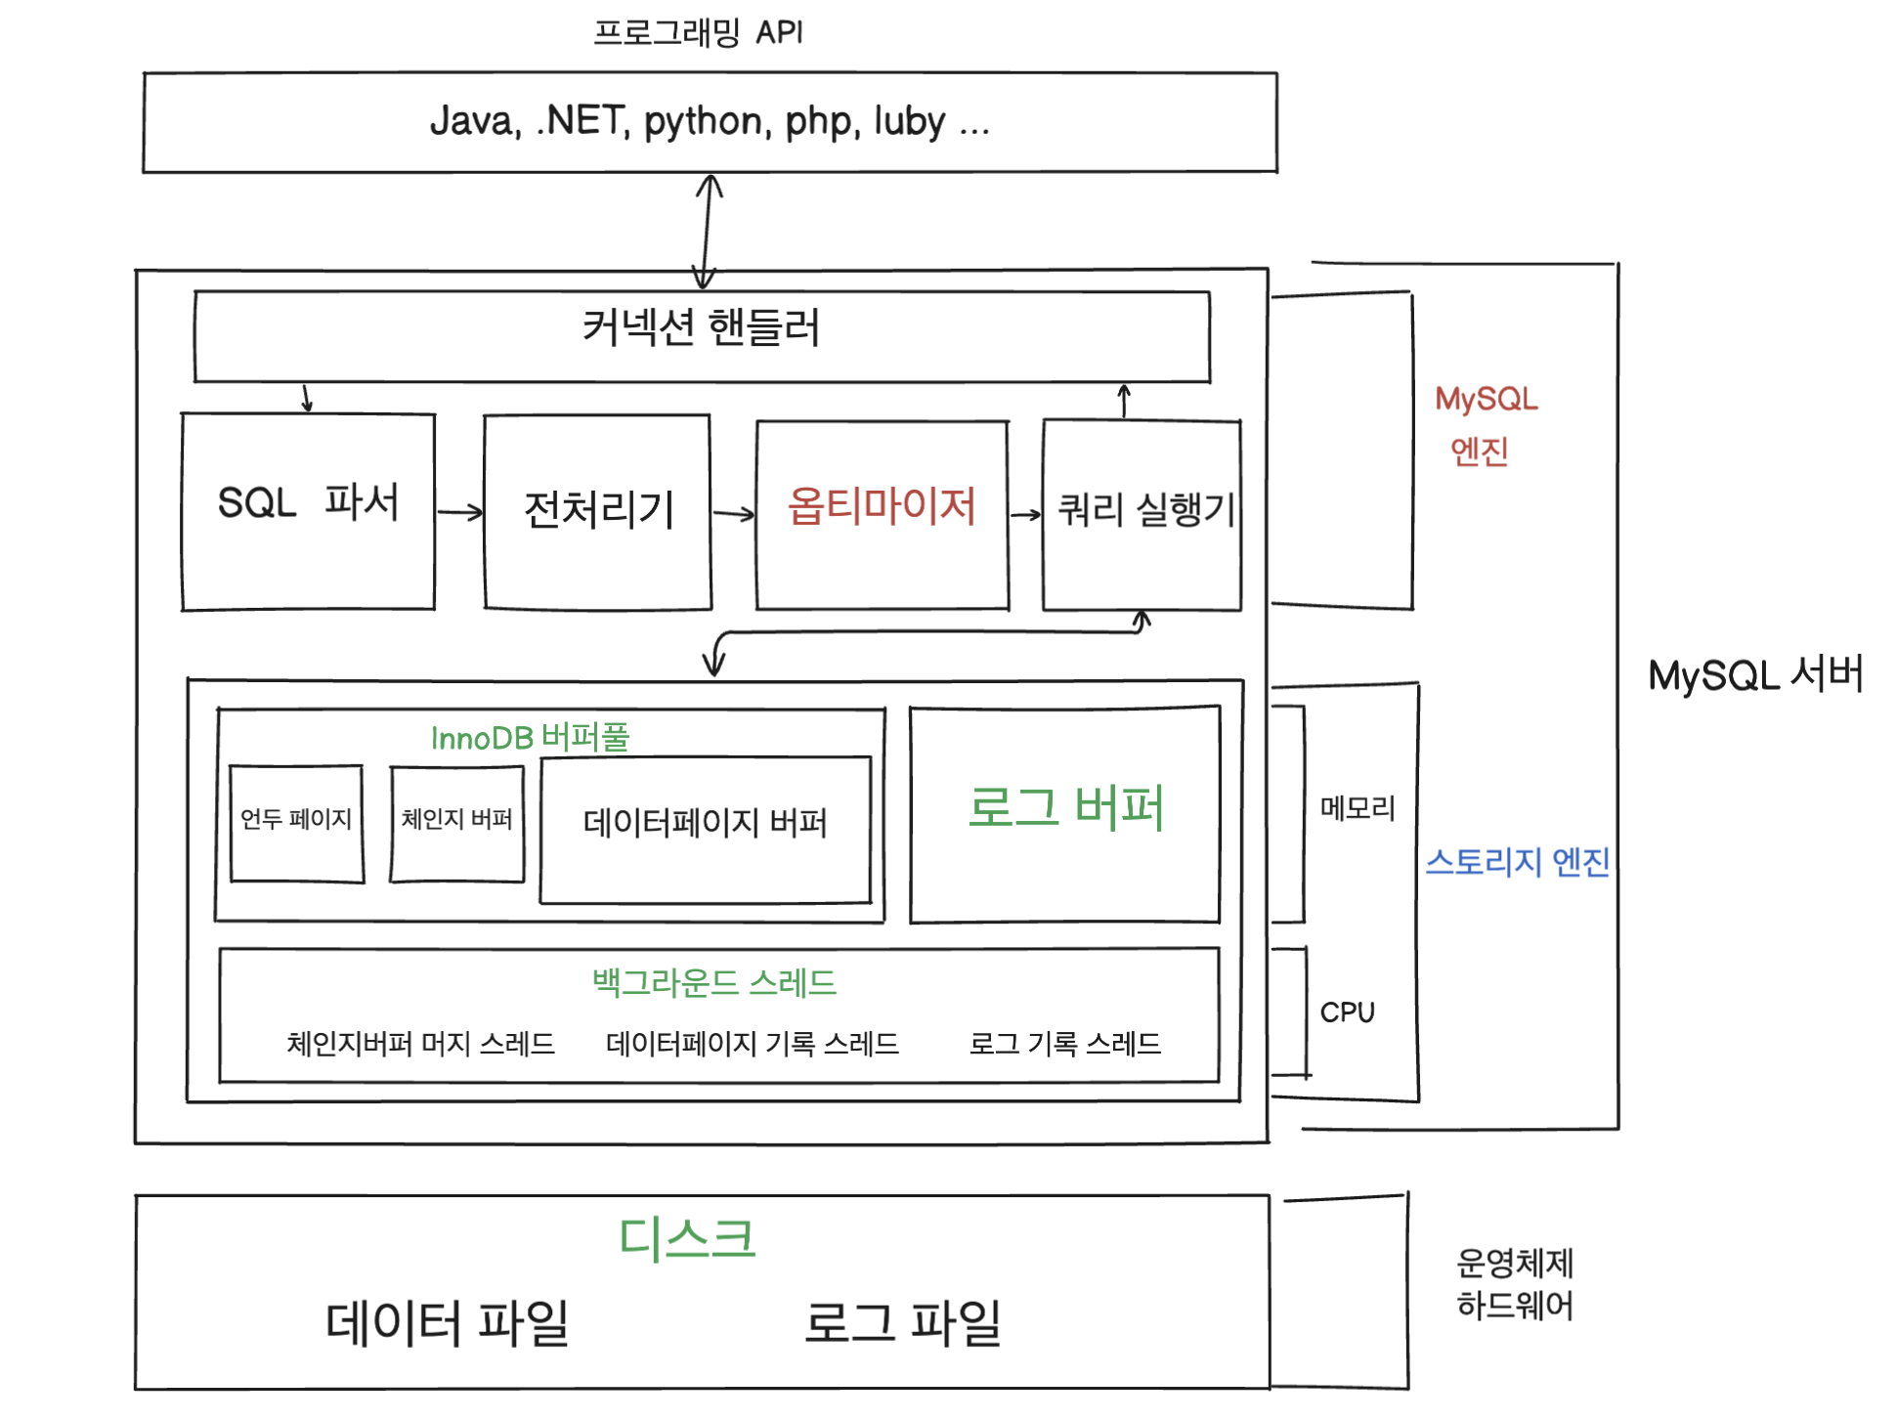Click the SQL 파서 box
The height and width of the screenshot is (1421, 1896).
pyautogui.click(x=308, y=511)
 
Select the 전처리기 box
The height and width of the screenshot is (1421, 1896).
pyautogui.click(x=598, y=511)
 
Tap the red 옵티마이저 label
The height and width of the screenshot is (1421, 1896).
pyautogui.click(x=882, y=506)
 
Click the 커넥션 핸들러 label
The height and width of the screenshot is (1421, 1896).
pyautogui.click(x=701, y=327)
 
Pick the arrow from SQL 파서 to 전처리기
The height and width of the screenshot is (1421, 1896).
pyautogui.click(x=459, y=511)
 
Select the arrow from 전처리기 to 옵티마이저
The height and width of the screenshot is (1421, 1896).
pyautogui.click(x=733, y=513)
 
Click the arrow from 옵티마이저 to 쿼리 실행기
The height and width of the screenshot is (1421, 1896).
pyautogui.click(x=1025, y=514)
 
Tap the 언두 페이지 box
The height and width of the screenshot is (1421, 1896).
pyautogui.click(x=296, y=822)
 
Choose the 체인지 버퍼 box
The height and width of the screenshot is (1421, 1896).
pyautogui.click(x=456, y=822)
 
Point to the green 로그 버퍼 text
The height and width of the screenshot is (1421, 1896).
pyautogui.click(x=1065, y=807)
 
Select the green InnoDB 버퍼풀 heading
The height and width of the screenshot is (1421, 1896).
pyautogui.click(x=530, y=737)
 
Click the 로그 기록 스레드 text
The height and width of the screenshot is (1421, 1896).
pyautogui.click(x=1064, y=1044)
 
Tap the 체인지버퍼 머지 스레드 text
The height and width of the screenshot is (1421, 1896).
pyautogui.click(x=420, y=1044)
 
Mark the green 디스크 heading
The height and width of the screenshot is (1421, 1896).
pyautogui.click(x=687, y=1237)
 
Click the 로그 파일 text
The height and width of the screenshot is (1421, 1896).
pyautogui.click(x=902, y=1322)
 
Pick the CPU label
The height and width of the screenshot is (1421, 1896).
pyautogui.click(x=1347, y=1012)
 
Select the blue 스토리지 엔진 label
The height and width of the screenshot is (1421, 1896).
pyautogui.click(x=1517, y=861)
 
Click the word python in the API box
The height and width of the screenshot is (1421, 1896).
pyautogui.click(x=703, y=121)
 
